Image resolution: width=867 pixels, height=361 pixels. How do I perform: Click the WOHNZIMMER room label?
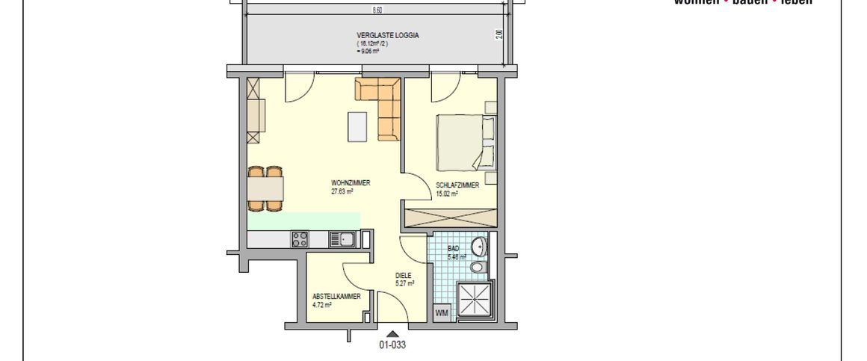point(351,183)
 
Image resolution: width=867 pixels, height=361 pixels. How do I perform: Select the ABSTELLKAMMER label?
point(337,297)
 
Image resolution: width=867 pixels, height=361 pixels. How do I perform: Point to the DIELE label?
point(404,275)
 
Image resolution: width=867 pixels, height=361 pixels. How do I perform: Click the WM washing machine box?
point(442,313)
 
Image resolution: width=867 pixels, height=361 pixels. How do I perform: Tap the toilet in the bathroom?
point(478,267)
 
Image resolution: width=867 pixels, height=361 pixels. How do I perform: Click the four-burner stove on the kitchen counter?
point(300,239)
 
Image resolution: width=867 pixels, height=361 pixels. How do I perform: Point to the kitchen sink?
point(345,239)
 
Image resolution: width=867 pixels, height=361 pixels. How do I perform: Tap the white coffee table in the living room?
point(357,126)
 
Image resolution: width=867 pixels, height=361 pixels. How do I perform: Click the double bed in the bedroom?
point(465,142)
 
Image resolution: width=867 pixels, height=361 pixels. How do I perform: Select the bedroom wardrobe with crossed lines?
point(451,218)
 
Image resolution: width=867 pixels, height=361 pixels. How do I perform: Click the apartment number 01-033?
point(392,345)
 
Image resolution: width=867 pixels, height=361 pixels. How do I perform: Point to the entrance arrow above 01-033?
point(392,333)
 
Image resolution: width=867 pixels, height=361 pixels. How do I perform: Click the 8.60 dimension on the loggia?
point(377,10)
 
